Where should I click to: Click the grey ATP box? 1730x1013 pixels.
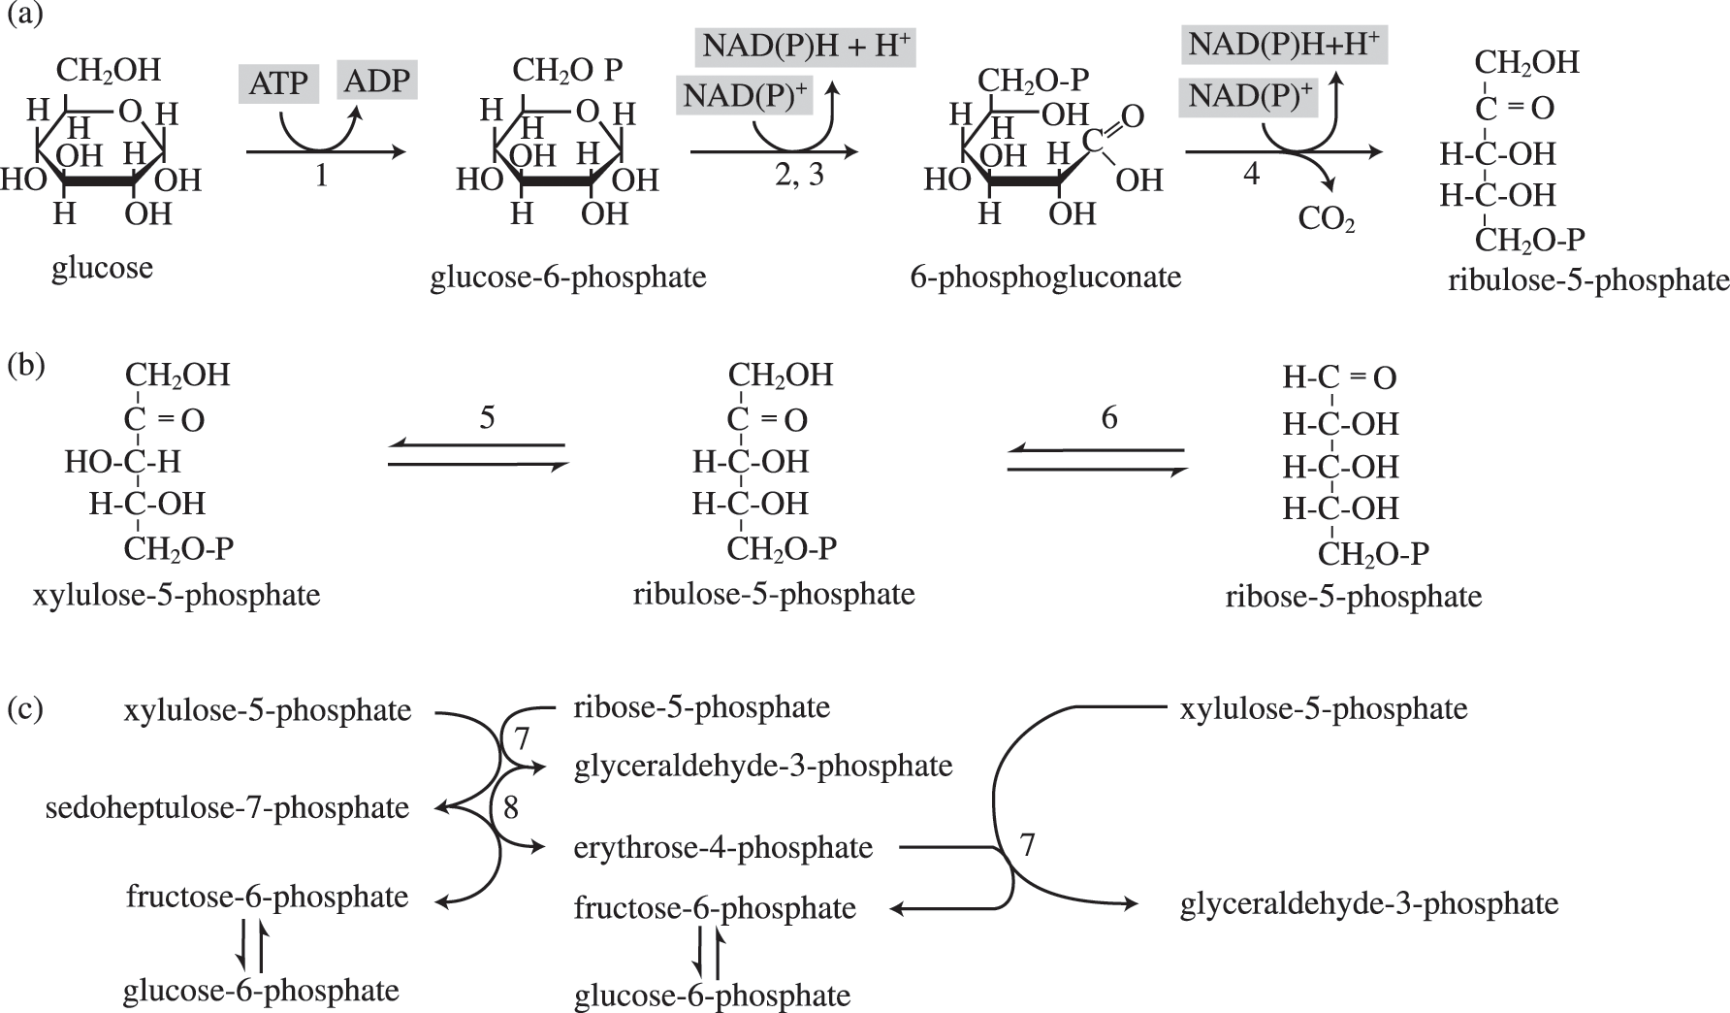coord(278,83)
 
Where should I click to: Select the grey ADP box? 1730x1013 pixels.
coord(377,80)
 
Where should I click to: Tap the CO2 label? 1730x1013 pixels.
coord(1327,220)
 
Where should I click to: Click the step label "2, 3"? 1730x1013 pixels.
coord(800,176)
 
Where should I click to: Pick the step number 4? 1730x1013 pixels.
coord(1252,175)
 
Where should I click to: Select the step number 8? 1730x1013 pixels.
coord(511,807)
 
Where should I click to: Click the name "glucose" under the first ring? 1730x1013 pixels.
coord(102,267)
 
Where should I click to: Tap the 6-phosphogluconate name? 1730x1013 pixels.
coord(1045,277)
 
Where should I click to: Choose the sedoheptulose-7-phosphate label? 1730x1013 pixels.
coord(227,807)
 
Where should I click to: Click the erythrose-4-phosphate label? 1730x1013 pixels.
coord(723,847)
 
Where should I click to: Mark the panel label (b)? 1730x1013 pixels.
coord(25,366)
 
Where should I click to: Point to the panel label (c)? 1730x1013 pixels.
coord(25,708)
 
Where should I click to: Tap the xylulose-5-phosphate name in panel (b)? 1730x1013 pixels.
coord(176,594)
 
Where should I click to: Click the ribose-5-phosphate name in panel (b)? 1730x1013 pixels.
coord(1354,595)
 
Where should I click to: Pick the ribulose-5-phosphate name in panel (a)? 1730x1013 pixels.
coord(1588,280)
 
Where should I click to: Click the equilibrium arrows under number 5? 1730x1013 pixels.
coord(477,456)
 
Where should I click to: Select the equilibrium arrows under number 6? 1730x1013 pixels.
coord(1097,460)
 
